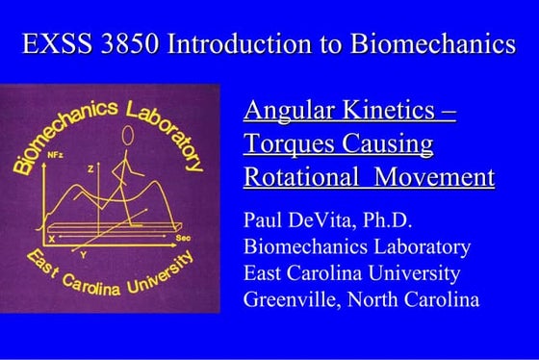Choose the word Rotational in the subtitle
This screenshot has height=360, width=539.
[x=302, y=179]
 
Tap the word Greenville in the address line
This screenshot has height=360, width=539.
[x=293, y=300]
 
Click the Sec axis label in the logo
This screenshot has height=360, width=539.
[x=184, y=235]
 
